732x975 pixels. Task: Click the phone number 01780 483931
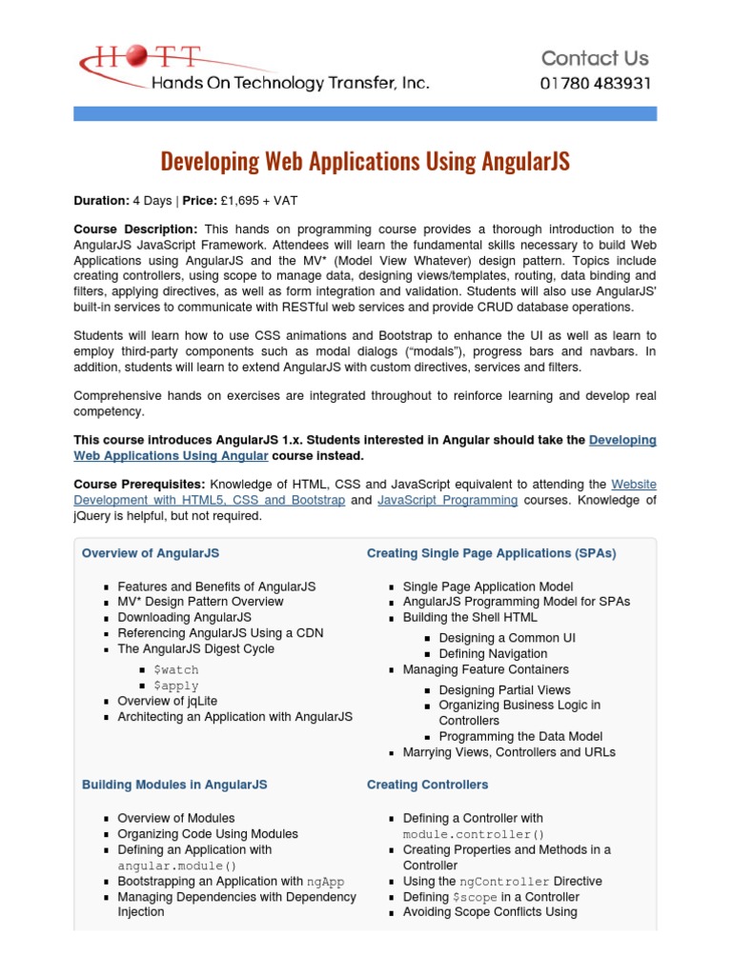point(596,83)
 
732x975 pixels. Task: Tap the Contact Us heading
point(595,58)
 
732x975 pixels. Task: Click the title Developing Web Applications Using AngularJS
point(365,161)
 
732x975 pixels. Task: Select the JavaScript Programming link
point(447,500)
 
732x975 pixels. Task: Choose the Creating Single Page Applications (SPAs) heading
point(491,553)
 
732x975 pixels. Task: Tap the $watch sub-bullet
point(175,670)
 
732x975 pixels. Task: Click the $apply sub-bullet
point(175,686)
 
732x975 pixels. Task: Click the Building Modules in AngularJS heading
point(174,785)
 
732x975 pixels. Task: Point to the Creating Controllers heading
point(427,785)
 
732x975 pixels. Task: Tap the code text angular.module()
point(176,866)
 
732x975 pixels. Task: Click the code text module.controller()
point(473,834)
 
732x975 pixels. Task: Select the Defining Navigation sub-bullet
point(493,654)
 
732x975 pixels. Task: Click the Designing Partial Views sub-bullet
point(504,690)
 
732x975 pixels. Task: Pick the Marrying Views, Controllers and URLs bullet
point(509,752)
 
